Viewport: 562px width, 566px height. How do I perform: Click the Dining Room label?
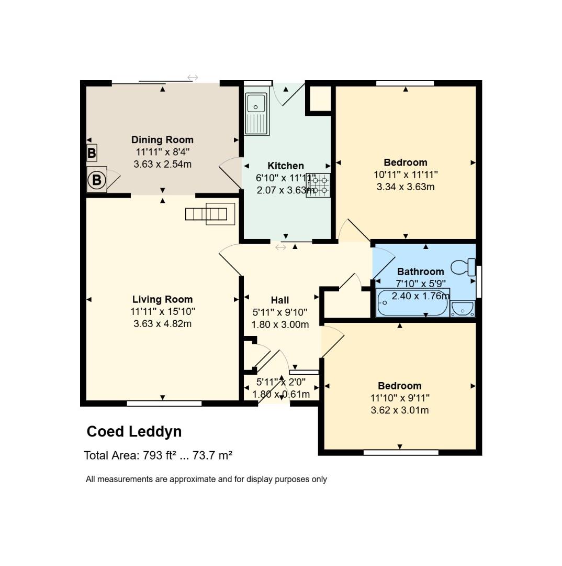point(162,140)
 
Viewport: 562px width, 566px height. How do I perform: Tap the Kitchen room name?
point(286,166)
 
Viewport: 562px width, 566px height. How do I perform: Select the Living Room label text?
point(162,299)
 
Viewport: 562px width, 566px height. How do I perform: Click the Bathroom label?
point(420,271)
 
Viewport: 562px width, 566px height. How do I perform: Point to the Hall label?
point(280,300)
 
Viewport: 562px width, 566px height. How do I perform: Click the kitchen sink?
point(256,113)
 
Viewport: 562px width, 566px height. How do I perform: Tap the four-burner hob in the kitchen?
point(319,186)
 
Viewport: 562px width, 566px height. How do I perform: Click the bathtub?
point(412,303)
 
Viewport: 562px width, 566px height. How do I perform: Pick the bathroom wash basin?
point(463,309)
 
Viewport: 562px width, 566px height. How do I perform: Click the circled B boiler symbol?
point(96,180)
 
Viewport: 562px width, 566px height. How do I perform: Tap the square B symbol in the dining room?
point(92,154)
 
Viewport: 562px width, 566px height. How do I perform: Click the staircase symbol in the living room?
point(210,214)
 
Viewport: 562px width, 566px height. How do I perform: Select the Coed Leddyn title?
point(134,431)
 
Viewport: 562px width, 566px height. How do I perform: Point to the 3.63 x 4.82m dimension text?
point(162,324)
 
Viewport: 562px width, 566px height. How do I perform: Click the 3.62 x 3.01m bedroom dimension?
point(399,410)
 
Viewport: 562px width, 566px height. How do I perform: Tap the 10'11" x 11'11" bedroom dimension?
point(406,175)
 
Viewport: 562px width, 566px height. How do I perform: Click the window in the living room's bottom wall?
point(164,404)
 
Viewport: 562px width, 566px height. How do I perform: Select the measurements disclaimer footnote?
point(206,479)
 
